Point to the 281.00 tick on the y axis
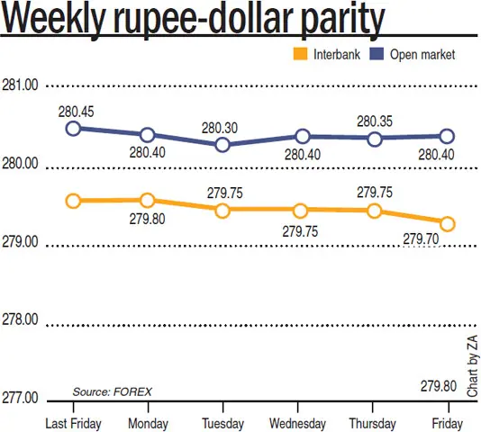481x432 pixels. click(x=20, y=85)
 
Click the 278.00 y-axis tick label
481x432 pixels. click(x=20, y=320)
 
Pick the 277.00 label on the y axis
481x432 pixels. click(x=20, y=398)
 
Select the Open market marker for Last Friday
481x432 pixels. click(x=73, y=129)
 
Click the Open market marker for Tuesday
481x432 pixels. click(x=222, y=144)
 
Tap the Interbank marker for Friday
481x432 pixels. click(x=447, y=223)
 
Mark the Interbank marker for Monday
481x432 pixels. click(x=148, y=200)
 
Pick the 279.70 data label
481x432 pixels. click(x=421, y=238)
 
